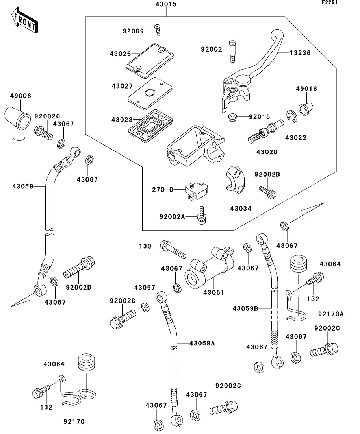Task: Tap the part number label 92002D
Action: coord(78,288)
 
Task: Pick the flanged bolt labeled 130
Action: coord(173,250)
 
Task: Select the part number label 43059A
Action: coord(202,343)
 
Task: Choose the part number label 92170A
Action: coord(331,314)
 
